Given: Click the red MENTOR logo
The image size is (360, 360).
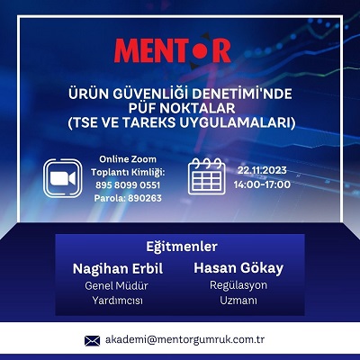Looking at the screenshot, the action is click(x=172, y=50).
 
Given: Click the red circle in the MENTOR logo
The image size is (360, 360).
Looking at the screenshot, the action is click(x=200, y=50).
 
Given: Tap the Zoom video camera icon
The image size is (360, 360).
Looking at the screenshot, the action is click(x=63, y=178).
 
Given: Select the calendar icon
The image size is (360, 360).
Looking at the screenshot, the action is click(x=207, y=176).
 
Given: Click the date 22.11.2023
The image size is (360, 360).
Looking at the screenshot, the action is click(x=262, y=170).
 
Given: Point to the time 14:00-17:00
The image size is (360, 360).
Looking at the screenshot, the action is click(x=262, y=184).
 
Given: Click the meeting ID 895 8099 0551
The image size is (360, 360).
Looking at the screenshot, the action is click(x=128, y=184).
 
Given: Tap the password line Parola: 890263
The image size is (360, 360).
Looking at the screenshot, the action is click(x=128, y=198).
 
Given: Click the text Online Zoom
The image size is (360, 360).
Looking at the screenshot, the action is click(x=128, y=159).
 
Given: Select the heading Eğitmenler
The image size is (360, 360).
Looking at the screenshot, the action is click(x=182, y=247).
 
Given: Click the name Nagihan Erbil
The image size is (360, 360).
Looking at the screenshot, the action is click(x=118, y=268).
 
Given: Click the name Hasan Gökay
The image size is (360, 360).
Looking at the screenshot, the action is click(x=238, y=268).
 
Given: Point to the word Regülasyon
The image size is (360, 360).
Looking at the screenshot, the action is click(x=238, y=285).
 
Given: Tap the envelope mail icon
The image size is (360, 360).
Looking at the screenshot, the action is click(x=92, y=341).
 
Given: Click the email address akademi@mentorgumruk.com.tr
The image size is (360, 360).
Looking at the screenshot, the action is click(x=184, y=340).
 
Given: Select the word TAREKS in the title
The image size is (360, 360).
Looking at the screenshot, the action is click(x=149, y=122).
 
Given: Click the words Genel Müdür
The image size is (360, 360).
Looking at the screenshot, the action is click(x=116, y=285).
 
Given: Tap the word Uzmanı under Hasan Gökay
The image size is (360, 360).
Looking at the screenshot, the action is click(x=238, y=301).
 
